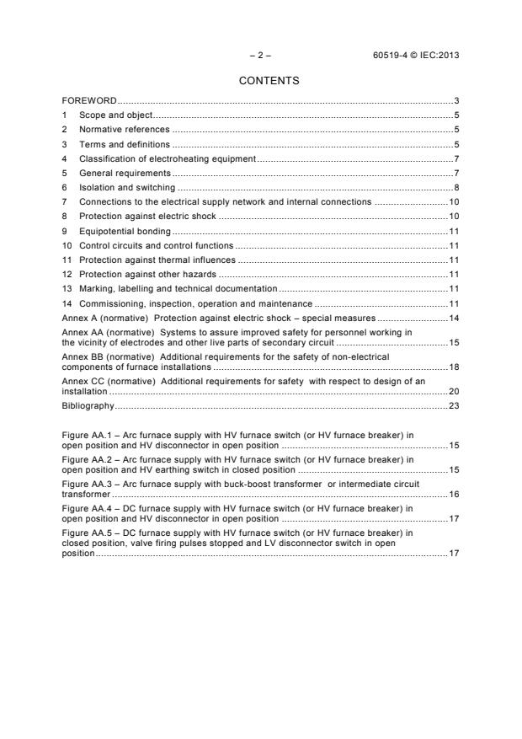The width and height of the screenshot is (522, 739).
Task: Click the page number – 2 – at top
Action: coord(260,55)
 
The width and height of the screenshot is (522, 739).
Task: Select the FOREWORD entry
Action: coord(90,101)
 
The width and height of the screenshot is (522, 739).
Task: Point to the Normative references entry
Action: coord(124,130)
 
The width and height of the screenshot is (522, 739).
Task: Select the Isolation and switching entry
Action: coord(127,187)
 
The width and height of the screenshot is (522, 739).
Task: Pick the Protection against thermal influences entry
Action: coord(157,260)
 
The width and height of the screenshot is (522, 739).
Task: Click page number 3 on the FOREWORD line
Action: coord(455,101)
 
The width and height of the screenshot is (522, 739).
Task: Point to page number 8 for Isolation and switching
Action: coord(455,187)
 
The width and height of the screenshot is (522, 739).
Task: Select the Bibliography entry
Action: coord(88,405)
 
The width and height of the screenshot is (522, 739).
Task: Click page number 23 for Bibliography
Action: coord(453,405)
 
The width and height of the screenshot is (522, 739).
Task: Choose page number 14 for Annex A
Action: coord(453,319)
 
